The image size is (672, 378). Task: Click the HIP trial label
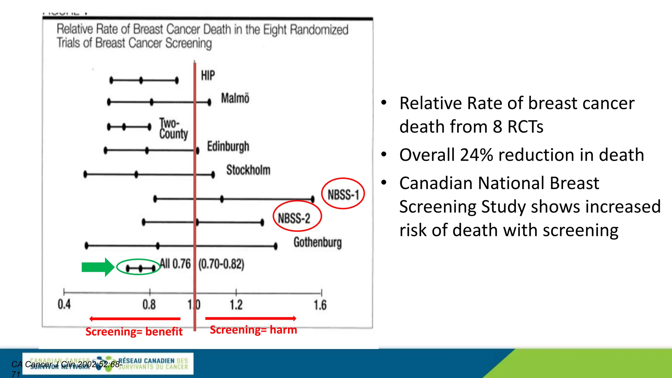pyautogui.click(x=208, y=75)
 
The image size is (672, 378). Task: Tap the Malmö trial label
pyautogui.click(x=235, y=98)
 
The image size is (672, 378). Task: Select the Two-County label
pyautogui.click(x=173, y=129)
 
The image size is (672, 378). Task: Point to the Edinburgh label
pyautogui.click(x=228, y=146)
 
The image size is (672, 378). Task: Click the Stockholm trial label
pyautogui.click(x=248, y=170)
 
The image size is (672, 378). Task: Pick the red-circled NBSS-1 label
pyautogui.click(x=343, y=195)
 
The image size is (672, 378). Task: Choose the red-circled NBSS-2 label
pyautogui.click(x=294, y=218)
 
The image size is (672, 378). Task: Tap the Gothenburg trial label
pyautogui.click(x=317, y=242)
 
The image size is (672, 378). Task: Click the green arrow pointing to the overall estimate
pyautogui.click(x=98, y=267)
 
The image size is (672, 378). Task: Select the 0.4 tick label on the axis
pyautogui.click(x=64, y=304)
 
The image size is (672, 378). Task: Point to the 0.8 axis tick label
pyautogui.click(x=149, y=305)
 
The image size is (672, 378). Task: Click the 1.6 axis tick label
pyautogui.click(x=320, y=305)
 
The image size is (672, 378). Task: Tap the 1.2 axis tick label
pyautogui.click(x=236, y=305)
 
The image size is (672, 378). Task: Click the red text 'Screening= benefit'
pyautogui.click(x=134, y=332)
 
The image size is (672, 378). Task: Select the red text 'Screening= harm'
pyautogui.click(x=253, y=330)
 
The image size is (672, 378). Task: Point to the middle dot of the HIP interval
pyautogui.click(x=141, y=80)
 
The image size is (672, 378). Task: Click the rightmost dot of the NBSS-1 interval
pyautogui.click(x=313, y=199)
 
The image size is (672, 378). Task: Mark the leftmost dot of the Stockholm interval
pyautogui.click(x=85, y=174)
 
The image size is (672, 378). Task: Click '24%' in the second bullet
pyautogui.click(x=476, y=155)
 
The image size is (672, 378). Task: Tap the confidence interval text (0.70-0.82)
pyautogui.click(x=221, y=264)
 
